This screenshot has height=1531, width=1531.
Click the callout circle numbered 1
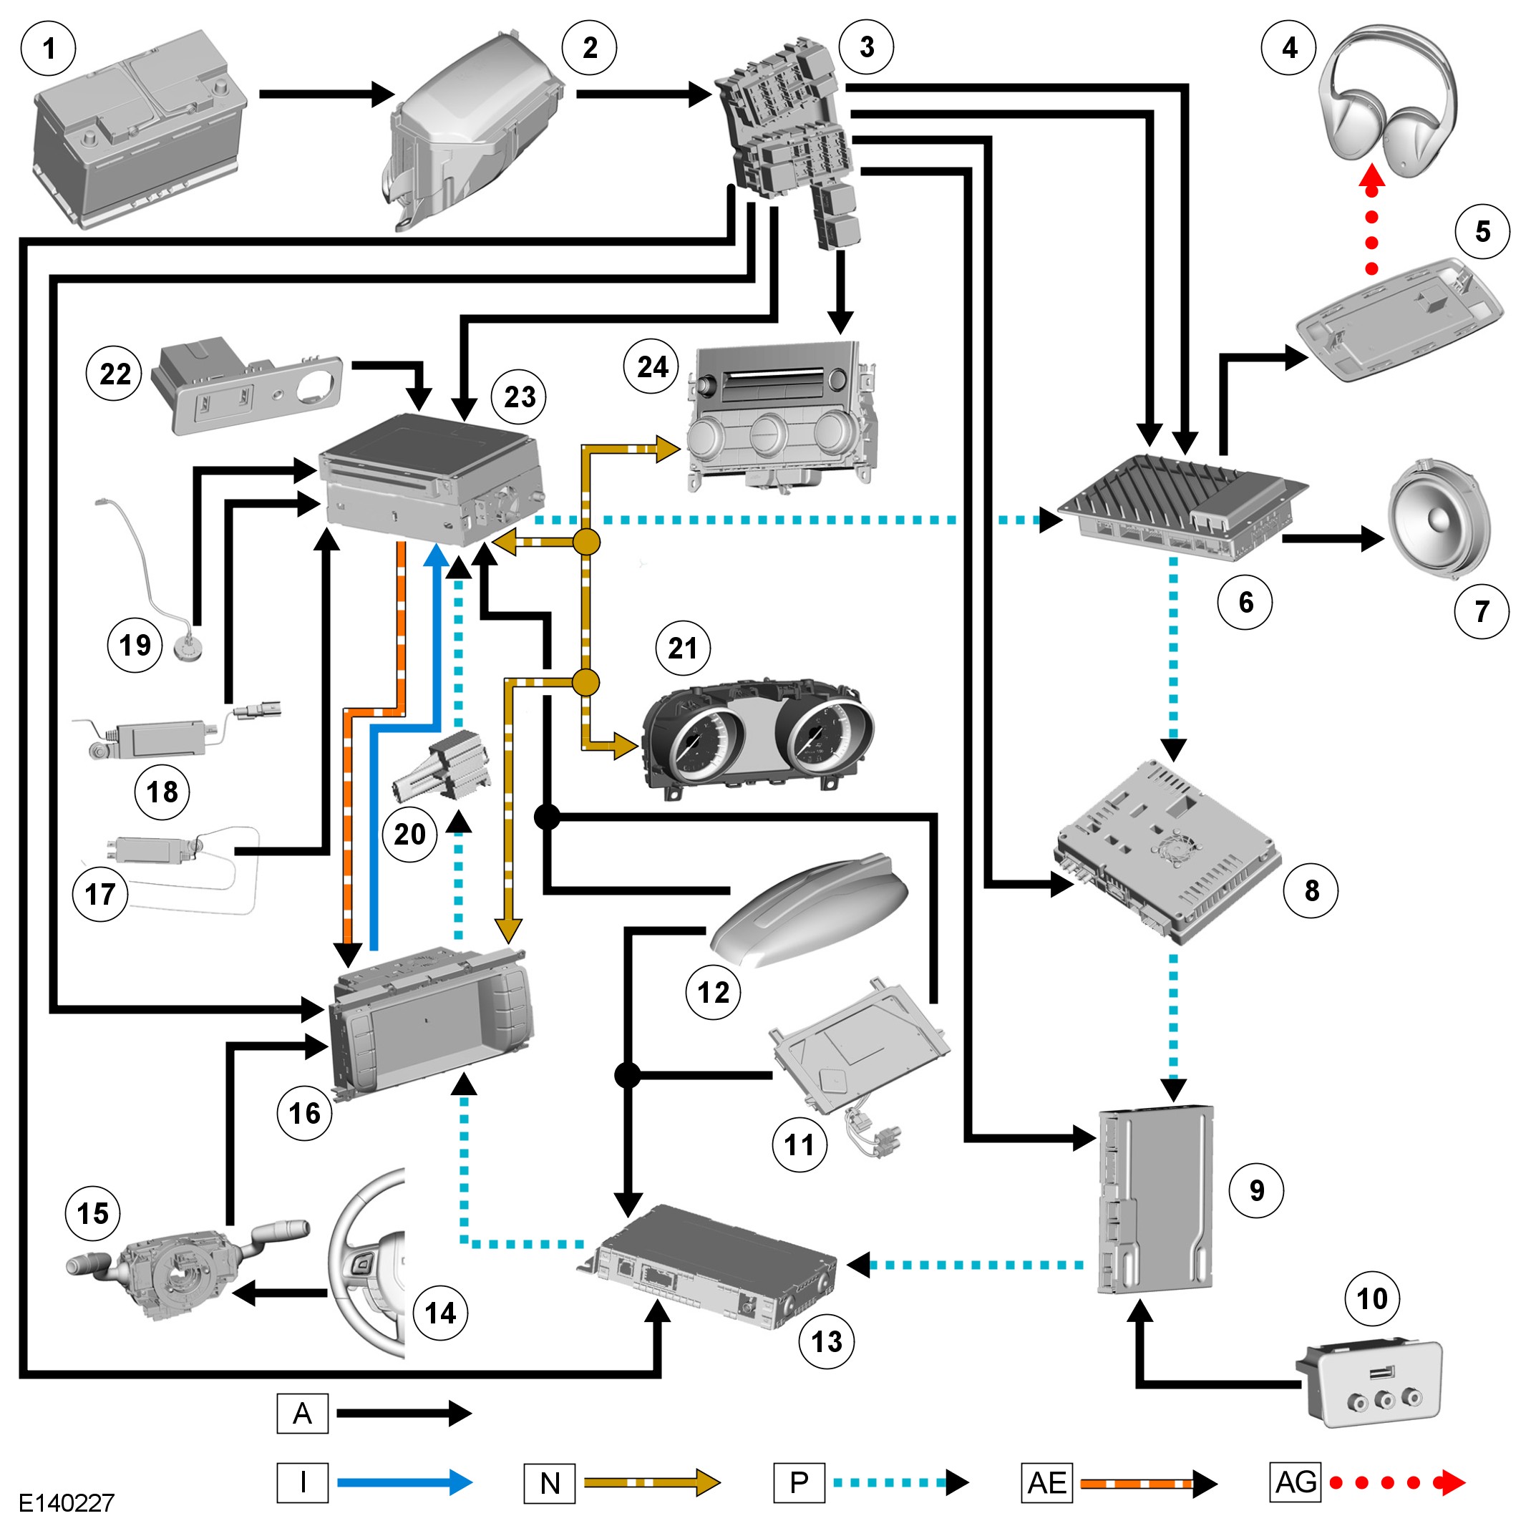click(49, 49)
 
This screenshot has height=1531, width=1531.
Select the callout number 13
click(827, 1341)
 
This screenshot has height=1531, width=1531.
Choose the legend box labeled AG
click(1296, 1482)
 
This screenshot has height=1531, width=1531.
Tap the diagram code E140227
click(67, 1502)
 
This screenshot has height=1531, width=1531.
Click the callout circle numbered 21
click(683, 648)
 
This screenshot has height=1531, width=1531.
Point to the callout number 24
click(653, 367)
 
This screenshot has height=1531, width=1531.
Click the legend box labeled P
click(799, 1482)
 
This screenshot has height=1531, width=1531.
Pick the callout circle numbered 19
click(135, 645)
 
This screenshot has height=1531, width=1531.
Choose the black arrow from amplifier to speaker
click(1331, 539)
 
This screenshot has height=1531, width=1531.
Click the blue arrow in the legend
click(404, 1482)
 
